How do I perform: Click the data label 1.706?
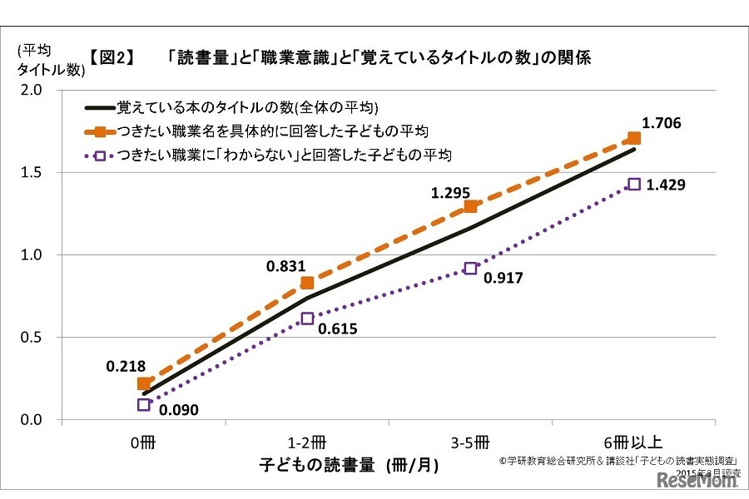pyautogui.click(x=662, y=123)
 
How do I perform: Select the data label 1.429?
pyautogui.click(x=666, y=185)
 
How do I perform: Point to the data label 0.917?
pyautogui.click(x=503, y=278)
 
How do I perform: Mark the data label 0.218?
pyautogui.click(x=125, y=366)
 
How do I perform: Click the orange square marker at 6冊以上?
pyautogui.click(x=634, y=138)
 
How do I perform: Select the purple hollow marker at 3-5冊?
pyautogui.click(x=471, y=269)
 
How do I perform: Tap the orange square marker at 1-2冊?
pyautogui.click(x=307, y=283)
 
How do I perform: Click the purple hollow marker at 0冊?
pyautogui.click(x=144, y=405)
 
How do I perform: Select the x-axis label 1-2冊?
pyautogui.click(x=307, y=440)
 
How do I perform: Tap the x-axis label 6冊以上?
pyautogui.click(x=634, y=440)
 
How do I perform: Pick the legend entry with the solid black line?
pyautogui.click(x=232, y=107)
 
